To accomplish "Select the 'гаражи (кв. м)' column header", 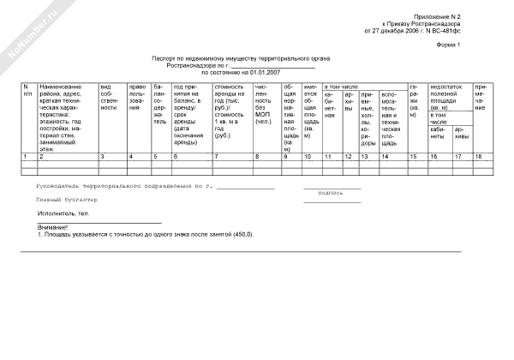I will coord(415,99).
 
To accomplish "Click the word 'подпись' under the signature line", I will coord(331,193).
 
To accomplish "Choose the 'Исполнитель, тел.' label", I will coord(63,213).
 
